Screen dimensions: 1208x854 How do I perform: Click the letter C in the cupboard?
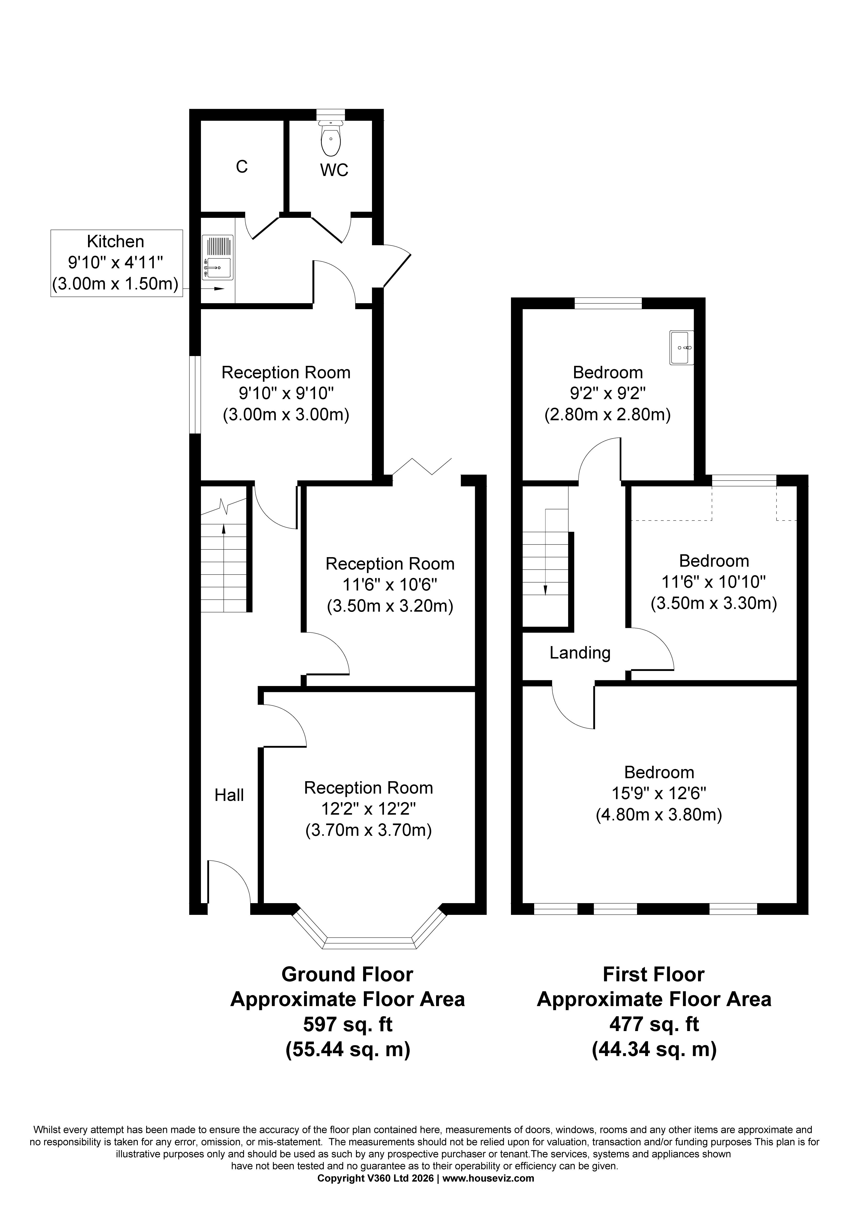pos(242,167)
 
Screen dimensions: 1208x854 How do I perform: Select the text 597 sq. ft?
pos(348,1024)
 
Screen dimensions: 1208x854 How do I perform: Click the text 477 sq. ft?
pos(654,1024)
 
